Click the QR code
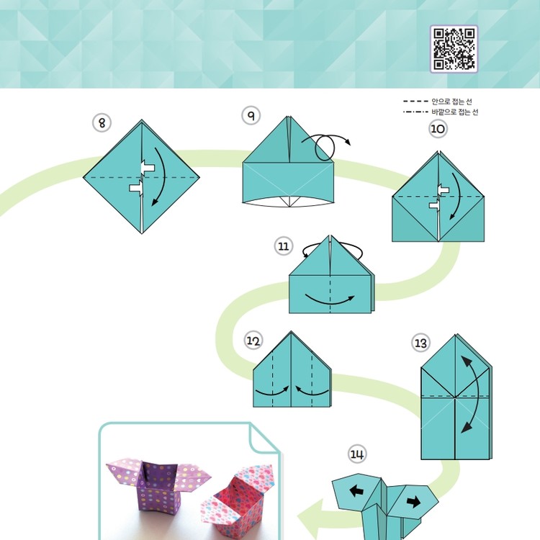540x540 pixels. tap(454, 49)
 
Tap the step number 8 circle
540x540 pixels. tap(102, 123)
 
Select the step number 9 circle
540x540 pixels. tap(251, 116)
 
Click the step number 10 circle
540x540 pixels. tap(438, 129)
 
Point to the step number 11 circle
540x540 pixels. tap(284, 246)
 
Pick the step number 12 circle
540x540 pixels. tap(253, 341)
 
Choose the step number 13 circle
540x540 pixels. tap(420, 343)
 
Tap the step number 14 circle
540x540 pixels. tap(357, 454)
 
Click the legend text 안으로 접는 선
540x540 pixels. tap(451, 102)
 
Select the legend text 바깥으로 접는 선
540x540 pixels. tap(454, 112)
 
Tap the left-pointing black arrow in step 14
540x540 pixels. tap(356, 490)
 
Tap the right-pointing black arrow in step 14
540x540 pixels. tap(413, 501)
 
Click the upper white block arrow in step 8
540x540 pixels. tap(148, 168)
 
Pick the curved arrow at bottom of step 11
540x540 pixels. tap(330, 300)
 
